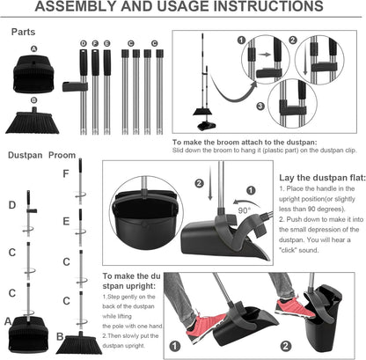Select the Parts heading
[x=23, y=32]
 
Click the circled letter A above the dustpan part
[x=33, y=49]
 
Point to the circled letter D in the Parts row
[x=83, y=42]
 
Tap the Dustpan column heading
[x=26, y=154]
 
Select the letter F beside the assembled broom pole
[x=64, y=173]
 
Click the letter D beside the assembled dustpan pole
[x=11, y=205]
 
